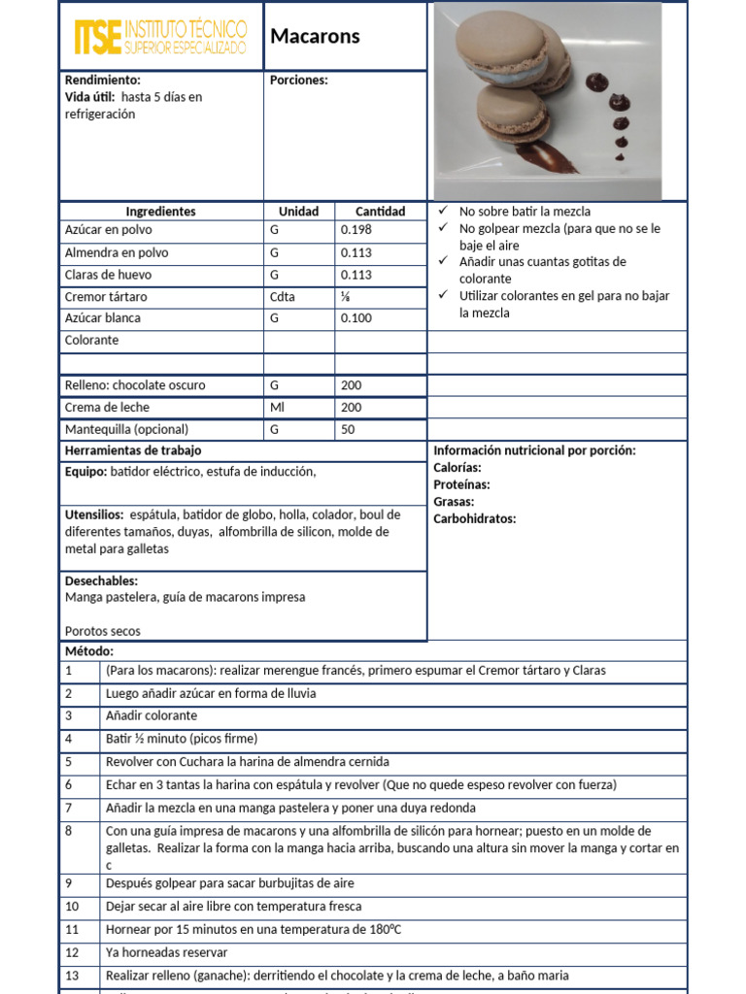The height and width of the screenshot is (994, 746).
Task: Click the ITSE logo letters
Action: click(98, 37)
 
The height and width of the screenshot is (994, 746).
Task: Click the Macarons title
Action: click(315, 37)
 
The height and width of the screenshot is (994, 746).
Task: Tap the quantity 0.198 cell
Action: click(356, 230)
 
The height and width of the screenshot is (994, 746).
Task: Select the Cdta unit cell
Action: click(283, 297)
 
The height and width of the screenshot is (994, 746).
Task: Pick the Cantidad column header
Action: click(380, 212)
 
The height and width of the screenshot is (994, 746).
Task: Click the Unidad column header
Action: click(299, 212)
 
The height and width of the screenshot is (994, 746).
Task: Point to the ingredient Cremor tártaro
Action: click(106, 297)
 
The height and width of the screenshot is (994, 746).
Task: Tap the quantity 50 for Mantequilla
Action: click(349, 429)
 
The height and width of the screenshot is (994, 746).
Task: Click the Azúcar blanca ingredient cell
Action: click(102, 318)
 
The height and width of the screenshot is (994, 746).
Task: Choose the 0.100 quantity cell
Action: click(356, 318)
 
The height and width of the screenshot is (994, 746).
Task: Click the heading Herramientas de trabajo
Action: click(133, 450)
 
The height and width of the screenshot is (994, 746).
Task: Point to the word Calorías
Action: click(458, 468)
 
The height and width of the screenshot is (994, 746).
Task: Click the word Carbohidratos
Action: click(475, 518)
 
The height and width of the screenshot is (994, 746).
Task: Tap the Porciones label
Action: click(298, 80)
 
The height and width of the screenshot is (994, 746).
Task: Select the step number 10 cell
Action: click(72, 907)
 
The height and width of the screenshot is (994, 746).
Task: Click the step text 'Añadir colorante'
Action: click(151, 716)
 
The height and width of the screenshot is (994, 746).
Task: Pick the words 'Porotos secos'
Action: click(102, 631)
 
